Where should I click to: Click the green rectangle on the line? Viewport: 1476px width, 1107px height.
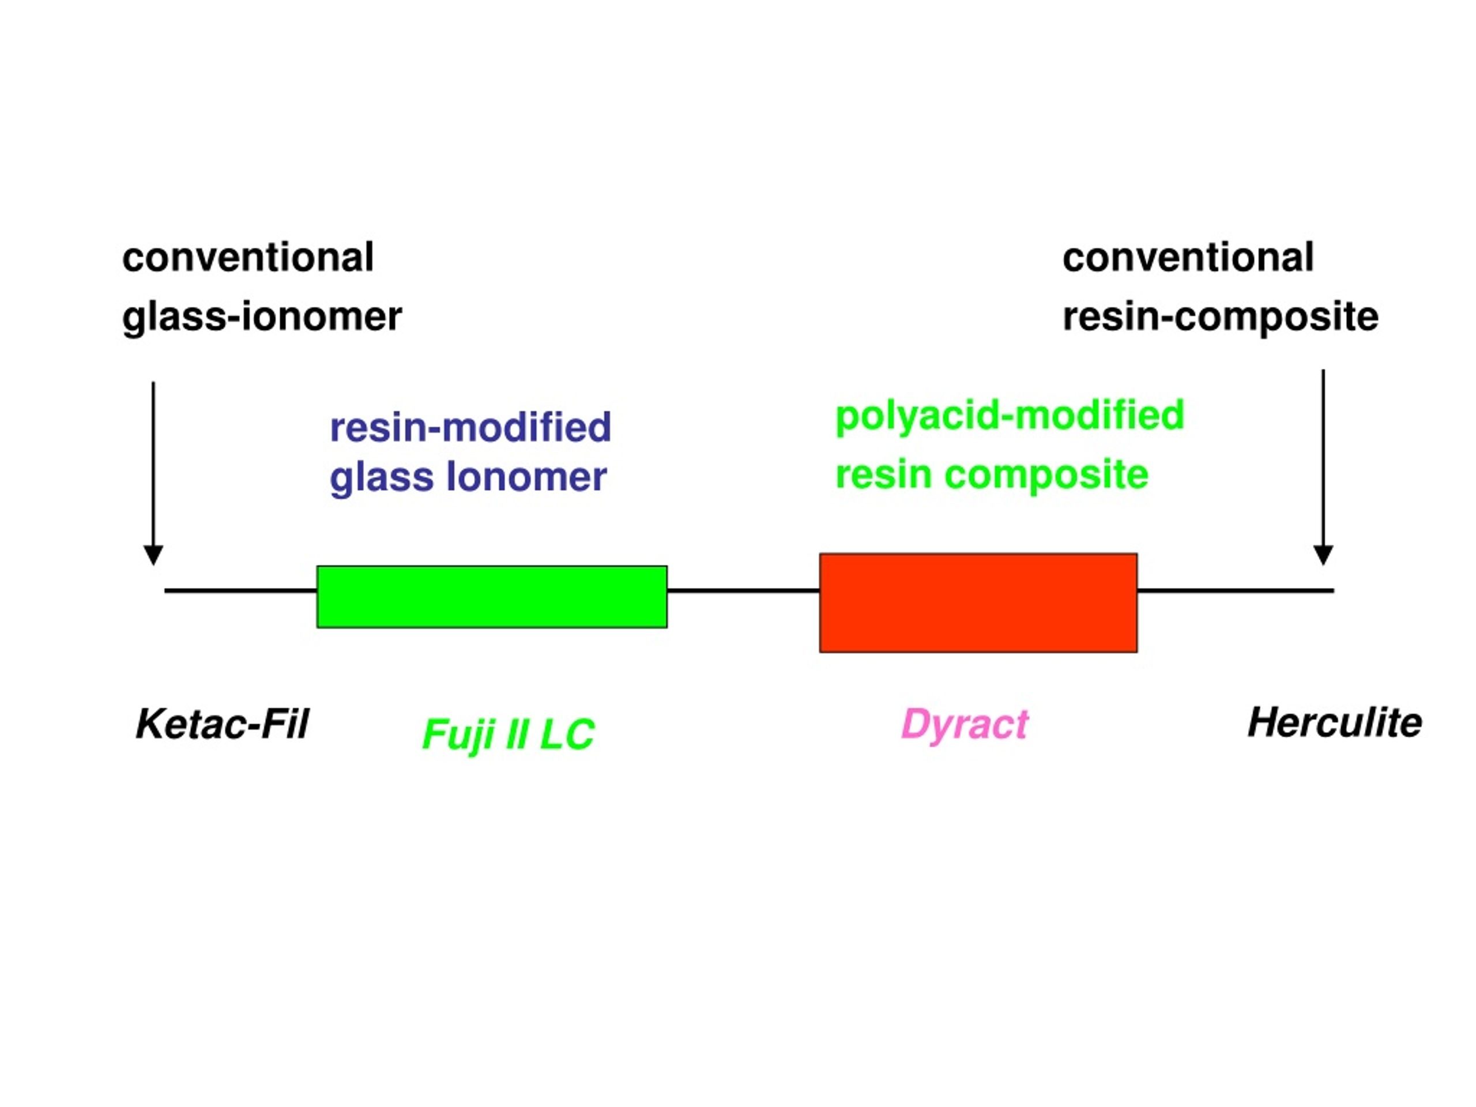pyautogui.click(x=492, y=597)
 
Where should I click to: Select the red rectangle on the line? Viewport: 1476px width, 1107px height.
pyautogui.click(x=978, y=603)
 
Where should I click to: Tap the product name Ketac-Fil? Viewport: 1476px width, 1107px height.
pyautogui.click(x=222, y=724)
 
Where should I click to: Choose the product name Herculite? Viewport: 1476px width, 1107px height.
pyautogui.click(x=1335, y=722)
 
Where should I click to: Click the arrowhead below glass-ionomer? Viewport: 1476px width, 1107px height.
pyautogui.click(x=153, y=555)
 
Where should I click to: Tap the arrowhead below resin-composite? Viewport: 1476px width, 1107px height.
pyautogui.click(x=1323, y=555)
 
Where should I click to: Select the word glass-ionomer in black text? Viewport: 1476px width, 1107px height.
pyautogui.click(x=262, y=318)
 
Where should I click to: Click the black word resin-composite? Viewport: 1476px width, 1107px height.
pyautogui.click(x=1221, y=318)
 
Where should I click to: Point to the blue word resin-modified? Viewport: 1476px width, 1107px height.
pyautogui.click(x=470, y=427)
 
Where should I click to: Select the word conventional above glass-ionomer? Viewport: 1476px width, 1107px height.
pyautogui.click(x=247, y=258)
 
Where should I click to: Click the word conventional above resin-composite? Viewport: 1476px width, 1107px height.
pyautogui.click(x=1188, y=258)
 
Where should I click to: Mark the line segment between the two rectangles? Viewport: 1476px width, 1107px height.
pyautogui.click(x=743, y=590)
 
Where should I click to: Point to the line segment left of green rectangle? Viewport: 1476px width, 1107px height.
pyautogui.click(x=241, y=590)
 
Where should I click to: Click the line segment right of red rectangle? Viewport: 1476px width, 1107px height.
pyautogui.click(x=1236, y=590)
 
